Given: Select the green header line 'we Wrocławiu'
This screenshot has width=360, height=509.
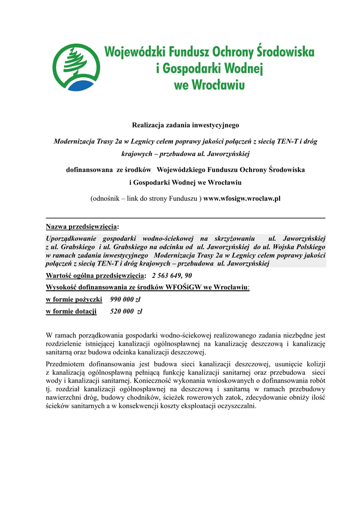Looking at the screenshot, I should click(209, 85).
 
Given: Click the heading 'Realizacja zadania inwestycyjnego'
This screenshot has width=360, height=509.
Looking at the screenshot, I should click(185, 125).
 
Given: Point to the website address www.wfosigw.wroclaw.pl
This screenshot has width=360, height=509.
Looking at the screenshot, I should click(242, 198).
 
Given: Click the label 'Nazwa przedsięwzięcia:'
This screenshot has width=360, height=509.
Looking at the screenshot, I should click(82, 227).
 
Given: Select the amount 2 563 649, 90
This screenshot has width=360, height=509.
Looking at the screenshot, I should click(172, 275).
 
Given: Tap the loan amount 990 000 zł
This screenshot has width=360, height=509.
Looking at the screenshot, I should click(125, 299).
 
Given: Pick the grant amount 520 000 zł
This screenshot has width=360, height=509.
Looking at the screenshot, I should click(126, 312).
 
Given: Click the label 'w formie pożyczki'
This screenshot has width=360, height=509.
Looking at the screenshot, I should click(74, 299).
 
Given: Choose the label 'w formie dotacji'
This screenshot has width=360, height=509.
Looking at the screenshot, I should click(71, 312).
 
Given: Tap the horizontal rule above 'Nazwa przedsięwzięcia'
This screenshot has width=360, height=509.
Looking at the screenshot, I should click(185, 218).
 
